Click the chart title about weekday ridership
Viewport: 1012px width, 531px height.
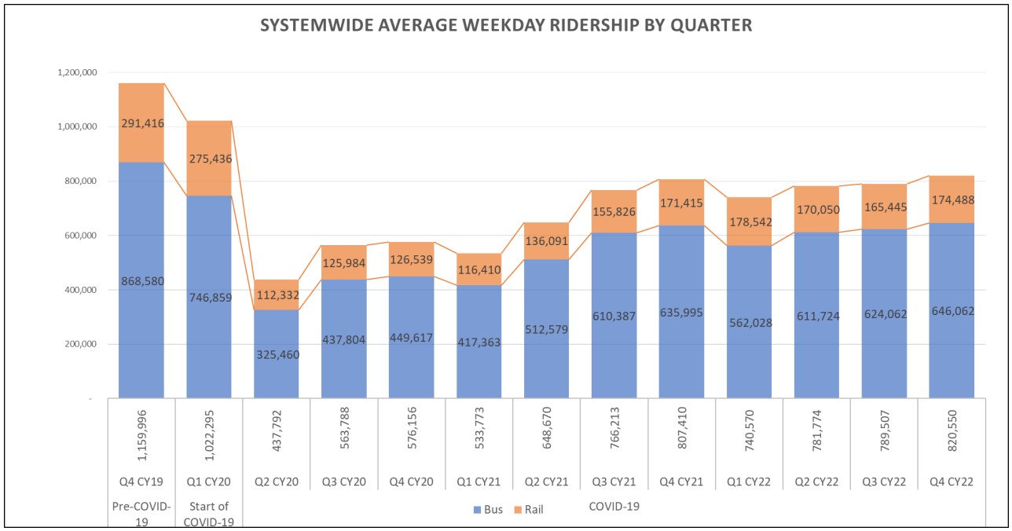point(506,25)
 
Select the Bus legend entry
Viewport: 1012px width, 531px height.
point(488,509)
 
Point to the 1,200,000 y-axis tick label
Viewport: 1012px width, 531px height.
point(76,72)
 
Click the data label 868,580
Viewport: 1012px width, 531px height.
point(141,281)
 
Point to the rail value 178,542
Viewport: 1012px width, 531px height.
point(750,222)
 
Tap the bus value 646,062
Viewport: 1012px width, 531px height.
point(952,311)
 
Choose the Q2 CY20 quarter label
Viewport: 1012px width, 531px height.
point(277,482)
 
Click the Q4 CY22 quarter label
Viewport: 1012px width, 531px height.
point(952,482)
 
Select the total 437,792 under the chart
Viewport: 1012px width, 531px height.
point(277,445)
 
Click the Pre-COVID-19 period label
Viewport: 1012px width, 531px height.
point(141,514)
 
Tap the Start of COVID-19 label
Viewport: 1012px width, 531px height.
point(209,514)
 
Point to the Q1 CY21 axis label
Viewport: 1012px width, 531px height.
point(479,482)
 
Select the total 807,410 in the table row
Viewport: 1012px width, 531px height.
point(682,445)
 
